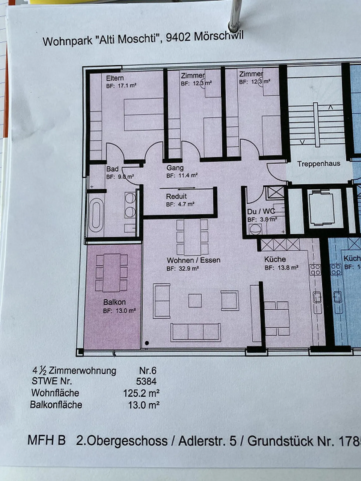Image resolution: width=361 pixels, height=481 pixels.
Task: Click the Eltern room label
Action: pos(115,78)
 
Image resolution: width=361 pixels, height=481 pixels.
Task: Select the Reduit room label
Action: pos(176,196)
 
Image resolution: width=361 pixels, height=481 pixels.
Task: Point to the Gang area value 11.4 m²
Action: pos(188,175)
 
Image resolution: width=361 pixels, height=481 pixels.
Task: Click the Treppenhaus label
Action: pos(319,164)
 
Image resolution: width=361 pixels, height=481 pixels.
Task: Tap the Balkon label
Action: pos(114,302)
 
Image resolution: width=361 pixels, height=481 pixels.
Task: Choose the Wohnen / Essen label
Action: pos(194,260)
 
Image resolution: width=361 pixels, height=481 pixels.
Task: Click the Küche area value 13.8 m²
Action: pos(288,268)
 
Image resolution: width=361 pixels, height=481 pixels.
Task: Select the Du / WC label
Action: pos(261,212)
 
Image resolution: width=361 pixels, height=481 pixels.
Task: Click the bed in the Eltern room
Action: pos(144,114)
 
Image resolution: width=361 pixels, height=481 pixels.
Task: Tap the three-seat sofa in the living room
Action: pos(196,332)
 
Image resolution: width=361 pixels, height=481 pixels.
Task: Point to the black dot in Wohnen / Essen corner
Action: pos(147,343)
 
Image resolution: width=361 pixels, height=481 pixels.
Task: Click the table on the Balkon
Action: pos(112,273)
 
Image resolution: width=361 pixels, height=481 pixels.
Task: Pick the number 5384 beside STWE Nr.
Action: pos(146,382)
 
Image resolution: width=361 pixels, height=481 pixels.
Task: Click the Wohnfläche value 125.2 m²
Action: pos(141,393)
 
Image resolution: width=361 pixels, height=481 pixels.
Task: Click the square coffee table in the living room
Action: pos(195,300)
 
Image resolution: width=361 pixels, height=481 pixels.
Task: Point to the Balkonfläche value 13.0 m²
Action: pos(144,405)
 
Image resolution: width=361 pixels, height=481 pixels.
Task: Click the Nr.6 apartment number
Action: pos(148,370)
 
